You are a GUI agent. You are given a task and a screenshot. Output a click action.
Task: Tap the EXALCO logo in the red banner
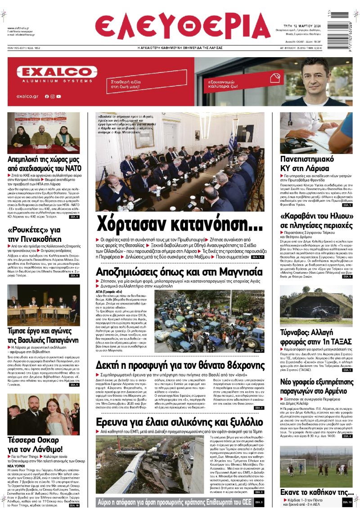coord(57,72)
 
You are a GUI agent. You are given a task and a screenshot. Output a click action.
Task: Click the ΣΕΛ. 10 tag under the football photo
coord(347,502)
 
